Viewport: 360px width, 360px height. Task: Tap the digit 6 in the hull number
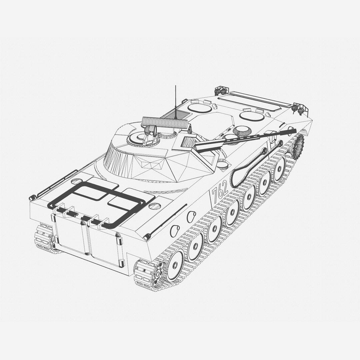[x=220, y=191]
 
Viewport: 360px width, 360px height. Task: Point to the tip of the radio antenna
[x=176, y=86]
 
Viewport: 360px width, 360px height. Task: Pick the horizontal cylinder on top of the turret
[x=165, y=123]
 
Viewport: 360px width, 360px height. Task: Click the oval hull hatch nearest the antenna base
[x=199, y=108]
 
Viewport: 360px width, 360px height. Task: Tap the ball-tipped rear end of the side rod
[x=147, y=237]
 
